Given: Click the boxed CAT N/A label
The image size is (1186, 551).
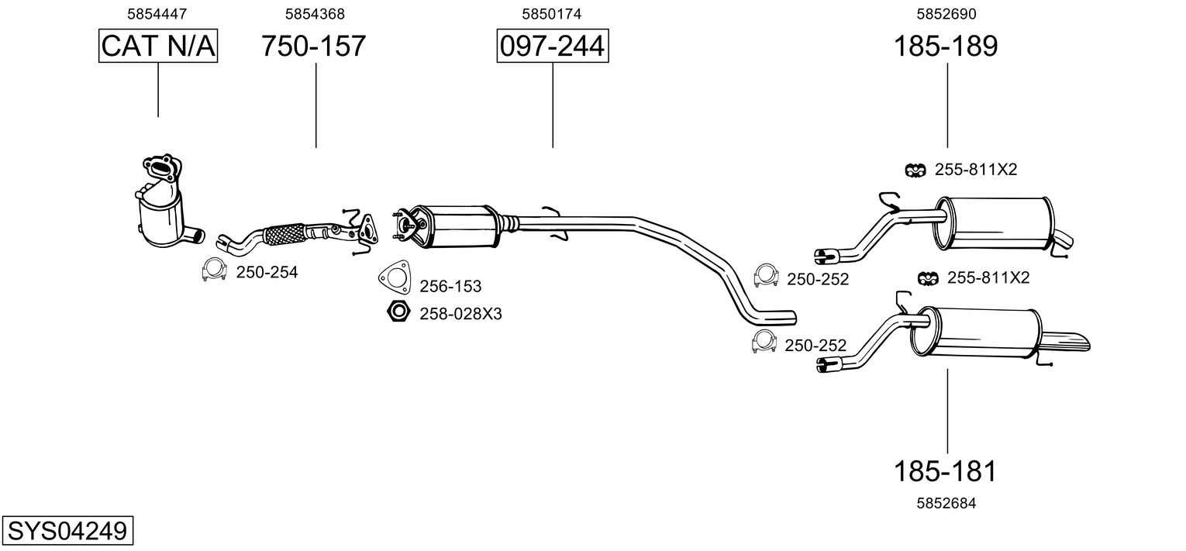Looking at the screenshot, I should [x=158, y=46].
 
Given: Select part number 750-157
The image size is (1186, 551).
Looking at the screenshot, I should [x=313, y=46].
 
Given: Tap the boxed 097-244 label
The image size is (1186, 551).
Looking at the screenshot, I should [x=552, y=46].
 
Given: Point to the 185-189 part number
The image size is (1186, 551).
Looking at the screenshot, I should [x=946, y=46].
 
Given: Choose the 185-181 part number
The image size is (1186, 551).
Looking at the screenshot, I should [x=945, y=470].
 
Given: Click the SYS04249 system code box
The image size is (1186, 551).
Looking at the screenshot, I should [x=67, y=532].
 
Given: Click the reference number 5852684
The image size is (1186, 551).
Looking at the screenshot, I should [x=946, y=503].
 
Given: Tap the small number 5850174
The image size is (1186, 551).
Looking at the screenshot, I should [x=552, y=13].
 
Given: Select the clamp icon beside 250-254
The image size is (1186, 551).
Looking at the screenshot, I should [x=213, y=270].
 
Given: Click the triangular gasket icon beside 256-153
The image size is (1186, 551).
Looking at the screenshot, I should [x=395, y=277].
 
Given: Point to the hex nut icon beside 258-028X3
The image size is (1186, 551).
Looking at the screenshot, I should [x=398, y=312].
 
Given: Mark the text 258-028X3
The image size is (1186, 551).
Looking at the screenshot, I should [x=460, y=314].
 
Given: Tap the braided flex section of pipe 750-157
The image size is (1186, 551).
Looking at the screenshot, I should [x=285, y=233].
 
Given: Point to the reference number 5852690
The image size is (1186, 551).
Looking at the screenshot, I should [x=946, y=13].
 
